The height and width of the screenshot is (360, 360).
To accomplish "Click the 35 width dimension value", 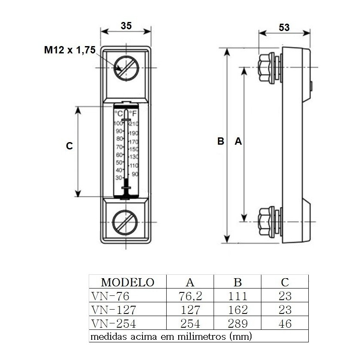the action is [x=126, y=26].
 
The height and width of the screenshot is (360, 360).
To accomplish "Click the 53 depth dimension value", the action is [x=284, y=28].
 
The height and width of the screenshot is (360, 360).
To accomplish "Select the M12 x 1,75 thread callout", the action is [x=70, y=50].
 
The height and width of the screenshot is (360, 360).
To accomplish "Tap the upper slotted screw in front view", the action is [x=126, y=68].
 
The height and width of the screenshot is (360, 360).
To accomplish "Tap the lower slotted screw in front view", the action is [x=125, y=223].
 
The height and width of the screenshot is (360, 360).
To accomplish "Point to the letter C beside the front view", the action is [x=69, y=146].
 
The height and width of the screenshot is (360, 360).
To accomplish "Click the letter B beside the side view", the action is [x=220, y=141].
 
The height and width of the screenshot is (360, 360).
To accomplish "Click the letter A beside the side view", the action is [x=238, y=141].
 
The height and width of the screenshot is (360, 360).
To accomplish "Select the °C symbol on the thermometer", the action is [x=119, y=113].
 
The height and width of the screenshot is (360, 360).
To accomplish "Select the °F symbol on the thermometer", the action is [x=133, y=113].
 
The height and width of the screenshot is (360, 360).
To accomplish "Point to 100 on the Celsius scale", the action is [x=118, y=123].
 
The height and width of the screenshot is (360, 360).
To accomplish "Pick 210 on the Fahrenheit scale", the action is [x=133, y=124].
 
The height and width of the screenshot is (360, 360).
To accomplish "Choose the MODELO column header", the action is [x=127, y=282].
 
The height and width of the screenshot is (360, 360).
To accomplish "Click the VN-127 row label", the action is [x=114, y=310].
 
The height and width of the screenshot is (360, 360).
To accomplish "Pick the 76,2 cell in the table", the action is [x=190, y=296].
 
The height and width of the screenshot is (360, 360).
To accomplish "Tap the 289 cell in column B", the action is [x=238, y=324].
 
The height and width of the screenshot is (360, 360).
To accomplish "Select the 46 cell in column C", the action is [x=285, y=324].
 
